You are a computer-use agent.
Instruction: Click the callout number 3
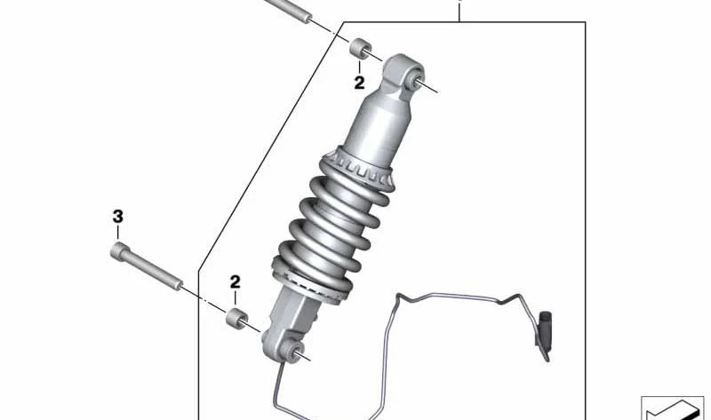click(x=118, y=217)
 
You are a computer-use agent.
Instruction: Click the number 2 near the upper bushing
click(x=359, y=83)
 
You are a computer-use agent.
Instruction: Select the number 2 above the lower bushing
click(x=235, y=281)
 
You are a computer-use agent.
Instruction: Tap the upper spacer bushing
click(x=361, y=48)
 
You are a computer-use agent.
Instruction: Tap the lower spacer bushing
click(x=236, y=318)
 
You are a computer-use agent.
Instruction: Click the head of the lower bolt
click(x=118, y=250)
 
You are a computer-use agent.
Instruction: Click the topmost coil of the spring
click(x=349, y=191)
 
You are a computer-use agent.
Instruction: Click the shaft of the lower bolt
click(x=153, y=272)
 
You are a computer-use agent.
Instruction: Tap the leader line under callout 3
click(x=118, y=232)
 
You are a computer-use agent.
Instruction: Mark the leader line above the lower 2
click(x=235, y=298)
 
